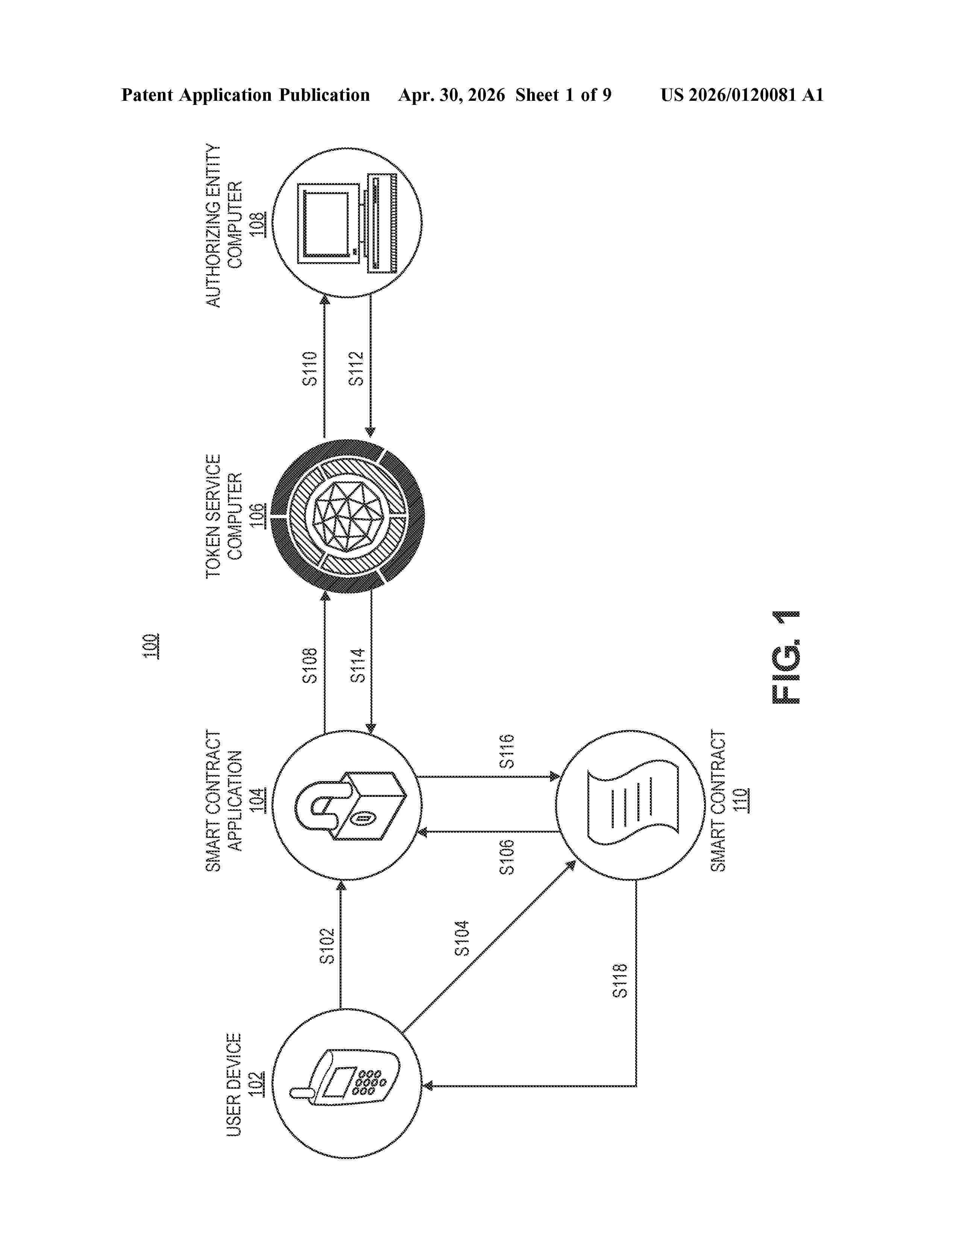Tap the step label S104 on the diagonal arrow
463,938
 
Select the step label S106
506,857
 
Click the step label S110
309,369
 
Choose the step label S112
356,369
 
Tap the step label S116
506,752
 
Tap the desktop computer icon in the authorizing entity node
348,223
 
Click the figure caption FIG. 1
786,657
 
